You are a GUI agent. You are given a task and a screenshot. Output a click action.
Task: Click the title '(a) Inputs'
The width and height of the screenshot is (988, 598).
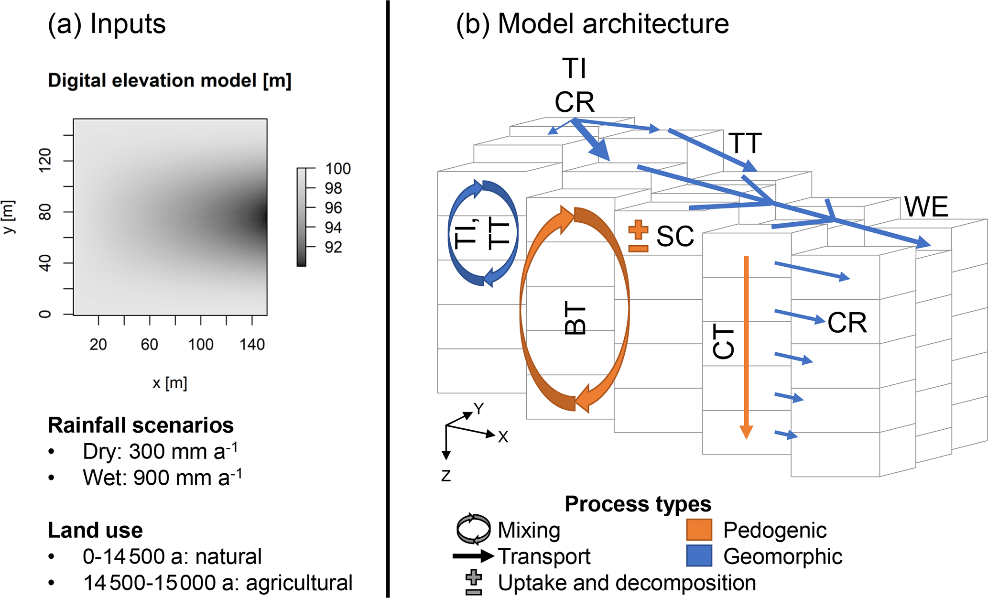tap(107, 24)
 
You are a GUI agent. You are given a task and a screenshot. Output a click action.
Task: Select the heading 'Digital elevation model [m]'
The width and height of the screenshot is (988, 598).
tap(170, 80)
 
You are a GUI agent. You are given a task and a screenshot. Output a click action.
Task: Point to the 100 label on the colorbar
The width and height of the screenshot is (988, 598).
tap(338, 169)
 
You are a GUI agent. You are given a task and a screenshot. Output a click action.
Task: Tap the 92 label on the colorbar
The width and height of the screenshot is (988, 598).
tap(333, 247)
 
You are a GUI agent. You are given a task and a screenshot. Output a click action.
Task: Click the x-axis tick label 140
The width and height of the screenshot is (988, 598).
tap(252, 344)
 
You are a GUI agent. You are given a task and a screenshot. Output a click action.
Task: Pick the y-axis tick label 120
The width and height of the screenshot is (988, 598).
tap(44, 160)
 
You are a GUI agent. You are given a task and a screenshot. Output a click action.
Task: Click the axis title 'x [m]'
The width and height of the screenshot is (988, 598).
tap(170, 383)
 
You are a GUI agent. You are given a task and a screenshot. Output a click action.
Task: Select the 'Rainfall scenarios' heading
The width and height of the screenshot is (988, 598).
tap(141, 425)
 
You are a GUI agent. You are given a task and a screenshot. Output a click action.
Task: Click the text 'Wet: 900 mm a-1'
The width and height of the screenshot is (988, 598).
tap(162, 478)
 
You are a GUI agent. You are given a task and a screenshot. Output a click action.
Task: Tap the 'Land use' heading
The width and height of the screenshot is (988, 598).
tap(95, 530)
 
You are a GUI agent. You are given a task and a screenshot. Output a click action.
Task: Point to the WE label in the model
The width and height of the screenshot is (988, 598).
tap(926, 207)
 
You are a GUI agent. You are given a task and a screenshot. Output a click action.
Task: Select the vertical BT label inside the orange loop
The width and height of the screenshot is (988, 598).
tap(575, 318)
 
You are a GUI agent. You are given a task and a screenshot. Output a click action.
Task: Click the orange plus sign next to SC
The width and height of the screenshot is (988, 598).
tap(638, 229)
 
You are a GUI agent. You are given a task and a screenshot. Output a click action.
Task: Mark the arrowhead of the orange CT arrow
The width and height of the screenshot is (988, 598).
tap(746, 432)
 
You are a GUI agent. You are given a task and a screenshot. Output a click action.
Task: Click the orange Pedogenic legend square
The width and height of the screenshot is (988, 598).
tap(699, 530)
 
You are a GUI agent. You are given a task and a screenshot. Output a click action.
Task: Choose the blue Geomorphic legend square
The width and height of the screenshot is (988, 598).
tap(699, 555)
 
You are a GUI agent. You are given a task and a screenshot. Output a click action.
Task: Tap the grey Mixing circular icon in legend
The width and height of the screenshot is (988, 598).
tap(473, 529)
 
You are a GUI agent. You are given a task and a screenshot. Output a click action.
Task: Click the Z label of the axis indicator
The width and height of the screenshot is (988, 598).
tap(446, 476)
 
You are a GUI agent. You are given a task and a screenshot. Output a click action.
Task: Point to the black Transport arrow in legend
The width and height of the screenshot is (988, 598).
tap(473, 556)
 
